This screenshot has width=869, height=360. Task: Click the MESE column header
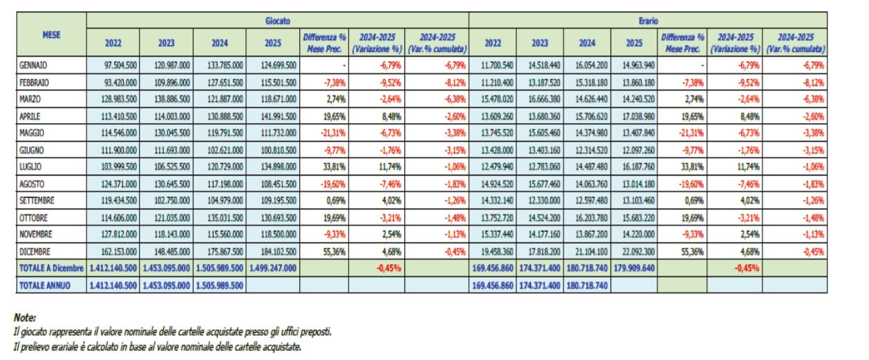pos(50,33)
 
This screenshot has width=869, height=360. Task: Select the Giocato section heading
pos(277,21)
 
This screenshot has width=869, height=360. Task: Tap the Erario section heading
pos(648,21)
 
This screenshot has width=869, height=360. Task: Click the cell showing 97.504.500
pos(113,66)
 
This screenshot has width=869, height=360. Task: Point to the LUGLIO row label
pos(32,167)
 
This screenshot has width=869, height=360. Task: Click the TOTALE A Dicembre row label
pos(52,267)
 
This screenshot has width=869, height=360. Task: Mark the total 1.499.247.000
pos(272,267)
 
